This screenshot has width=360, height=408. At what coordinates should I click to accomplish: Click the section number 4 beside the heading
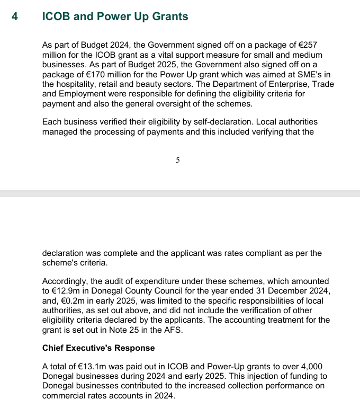pyautogui.click(x=15, y=16)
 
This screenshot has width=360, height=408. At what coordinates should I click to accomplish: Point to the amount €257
pyautogui.click(x=307, y=46)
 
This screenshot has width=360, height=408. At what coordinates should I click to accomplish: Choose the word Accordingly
pyautogui.click(x=68, y=281)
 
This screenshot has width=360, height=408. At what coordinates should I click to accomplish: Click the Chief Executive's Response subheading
pyautogui.click(x=98, y=348)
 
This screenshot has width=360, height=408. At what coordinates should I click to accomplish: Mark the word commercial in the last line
pyautogui.click(x=66, y=396)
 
